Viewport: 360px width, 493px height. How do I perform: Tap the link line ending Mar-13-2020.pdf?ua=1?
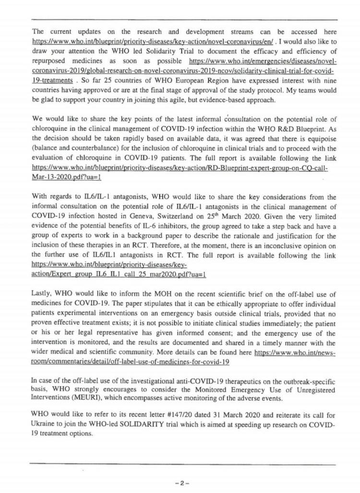click(66, 177)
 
